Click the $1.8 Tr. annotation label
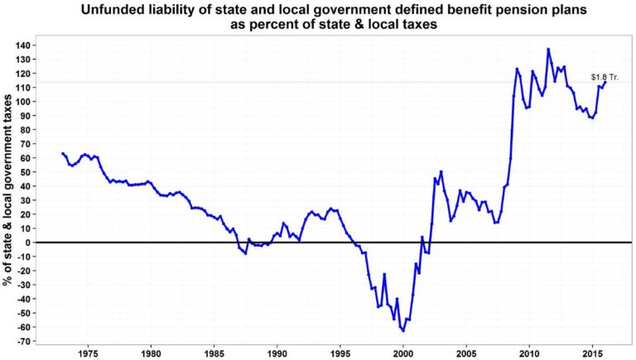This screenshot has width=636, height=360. (605, 76)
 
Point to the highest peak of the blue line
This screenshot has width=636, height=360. (548, 49)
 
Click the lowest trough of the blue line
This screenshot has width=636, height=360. (403, 331)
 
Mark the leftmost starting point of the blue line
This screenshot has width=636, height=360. (62, 153)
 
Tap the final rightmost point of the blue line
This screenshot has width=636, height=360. (605, 81)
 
